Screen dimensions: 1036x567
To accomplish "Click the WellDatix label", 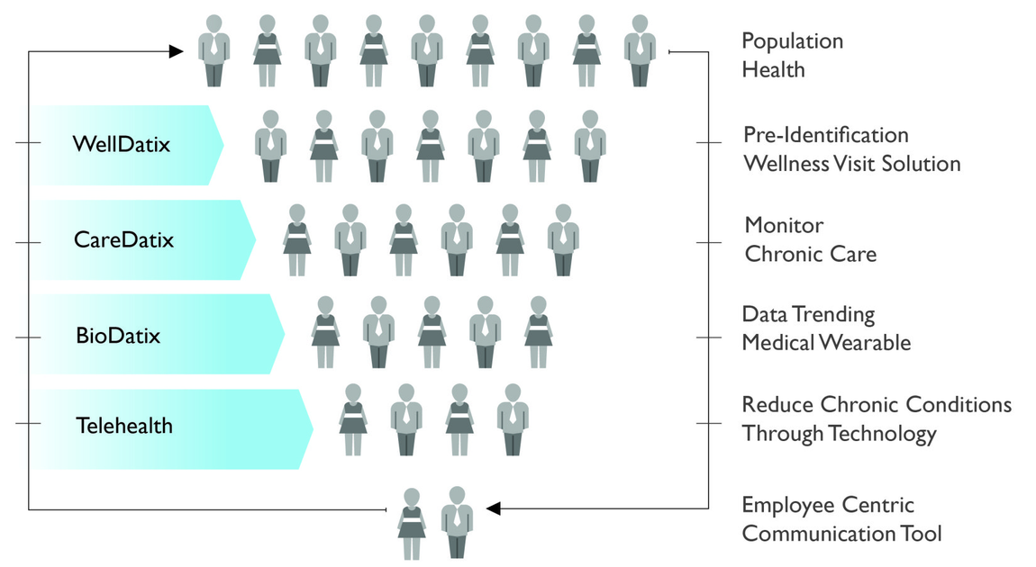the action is tap(122, 144).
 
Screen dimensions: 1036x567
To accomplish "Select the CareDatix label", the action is tap(123, 238).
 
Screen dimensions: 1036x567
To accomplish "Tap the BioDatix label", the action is tap(118, 336).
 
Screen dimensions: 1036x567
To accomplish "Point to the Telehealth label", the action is tap(124, 426).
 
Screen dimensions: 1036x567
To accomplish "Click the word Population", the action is tap(792, 41).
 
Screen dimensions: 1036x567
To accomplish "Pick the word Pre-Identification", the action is tap(826, 135).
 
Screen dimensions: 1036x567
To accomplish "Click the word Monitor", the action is tap(785, 225).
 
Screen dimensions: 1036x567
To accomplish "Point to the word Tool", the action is tap(921, 534).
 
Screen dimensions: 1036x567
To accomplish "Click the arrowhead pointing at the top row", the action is tap(176, 51).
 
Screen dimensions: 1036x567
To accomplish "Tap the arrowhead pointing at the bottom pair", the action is tap(494, 508).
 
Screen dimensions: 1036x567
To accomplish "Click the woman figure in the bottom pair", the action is tap(412, 524).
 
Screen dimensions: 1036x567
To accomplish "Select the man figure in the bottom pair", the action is tap(458, 523).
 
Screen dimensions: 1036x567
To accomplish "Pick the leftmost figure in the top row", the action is tap(214, 50).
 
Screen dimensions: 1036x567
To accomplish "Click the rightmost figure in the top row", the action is tap(640, 50).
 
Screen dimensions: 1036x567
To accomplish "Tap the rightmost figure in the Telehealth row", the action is tap(513, 419).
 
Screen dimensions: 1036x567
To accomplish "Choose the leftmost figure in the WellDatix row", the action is tap(271, 146).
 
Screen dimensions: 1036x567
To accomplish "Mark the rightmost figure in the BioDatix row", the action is tap(539, 332).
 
